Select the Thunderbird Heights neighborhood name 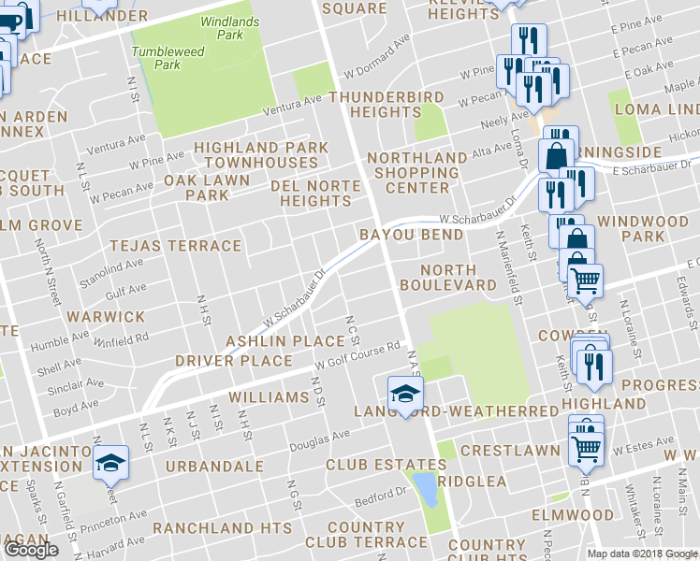386,104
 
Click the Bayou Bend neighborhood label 413,234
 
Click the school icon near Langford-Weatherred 406,393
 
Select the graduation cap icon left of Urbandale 110,461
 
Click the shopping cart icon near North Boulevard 586,278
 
